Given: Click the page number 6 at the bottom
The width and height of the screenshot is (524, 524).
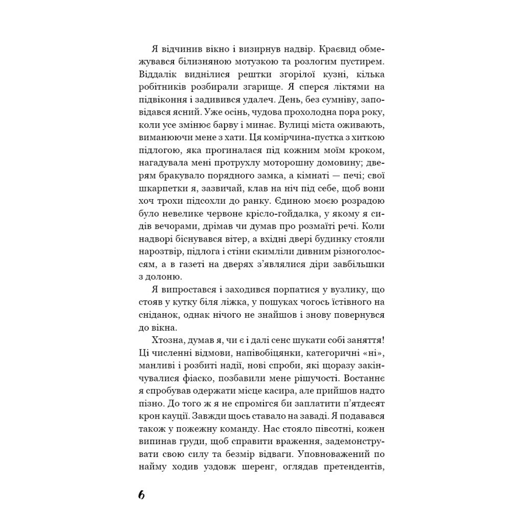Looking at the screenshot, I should point(142,495).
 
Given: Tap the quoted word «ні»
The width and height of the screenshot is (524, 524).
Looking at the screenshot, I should point(373,353).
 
